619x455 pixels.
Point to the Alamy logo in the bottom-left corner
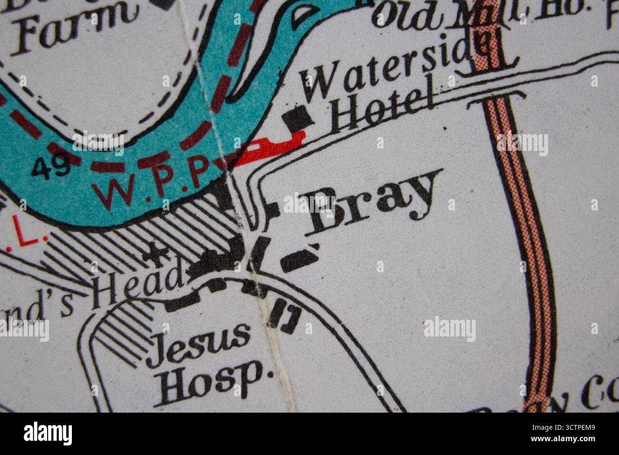pyautogui.click(x=48, y=434)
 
